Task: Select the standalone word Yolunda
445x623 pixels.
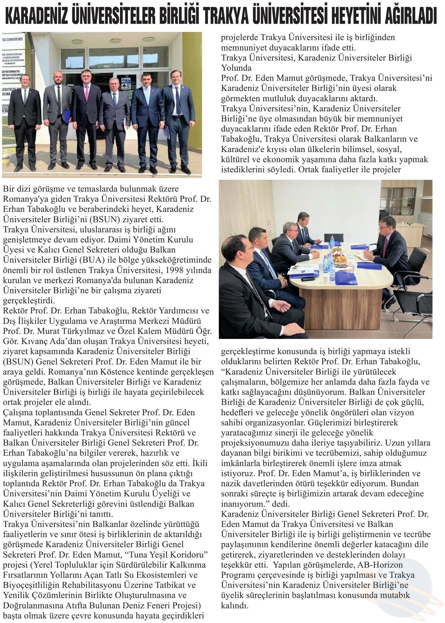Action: pos(236,68)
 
